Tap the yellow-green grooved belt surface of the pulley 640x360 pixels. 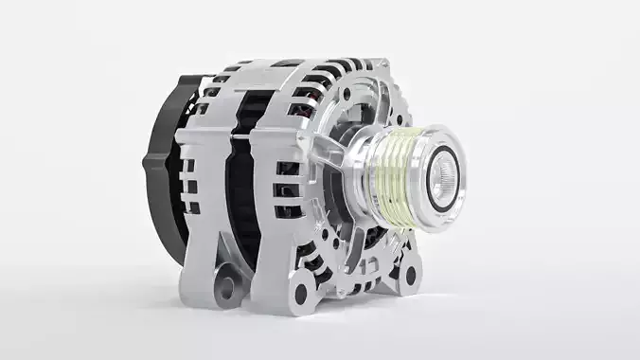pyautogui.click(x=393, y=180)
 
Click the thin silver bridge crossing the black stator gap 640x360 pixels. pyautogui.click(x=248, y=135)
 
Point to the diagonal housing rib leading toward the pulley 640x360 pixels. pyautogui.click(x=327, y=142)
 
